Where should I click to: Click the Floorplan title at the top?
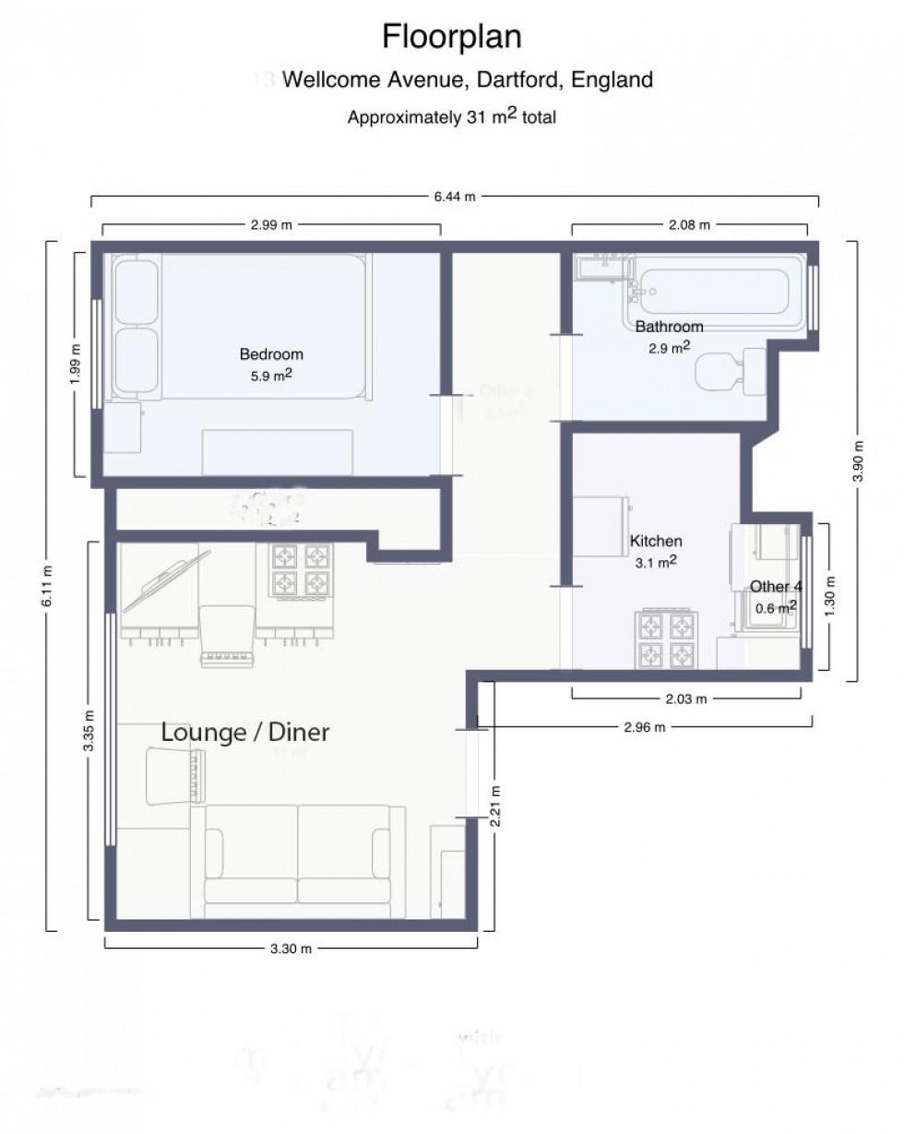(452, 37)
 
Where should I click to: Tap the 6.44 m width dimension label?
(455, 197)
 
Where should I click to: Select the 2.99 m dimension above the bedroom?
(270, 225)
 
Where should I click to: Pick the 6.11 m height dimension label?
(48, 585)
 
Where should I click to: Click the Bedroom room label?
(271, 353)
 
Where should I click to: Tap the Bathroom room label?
(669, 327)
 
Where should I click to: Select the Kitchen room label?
(656, 541)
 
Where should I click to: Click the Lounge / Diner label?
(245, 733)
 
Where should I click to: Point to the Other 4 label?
(769, 587)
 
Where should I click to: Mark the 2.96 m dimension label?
(644, 726)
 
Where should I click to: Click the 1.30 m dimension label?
(833, 597)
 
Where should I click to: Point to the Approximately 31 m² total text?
(452, 117)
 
